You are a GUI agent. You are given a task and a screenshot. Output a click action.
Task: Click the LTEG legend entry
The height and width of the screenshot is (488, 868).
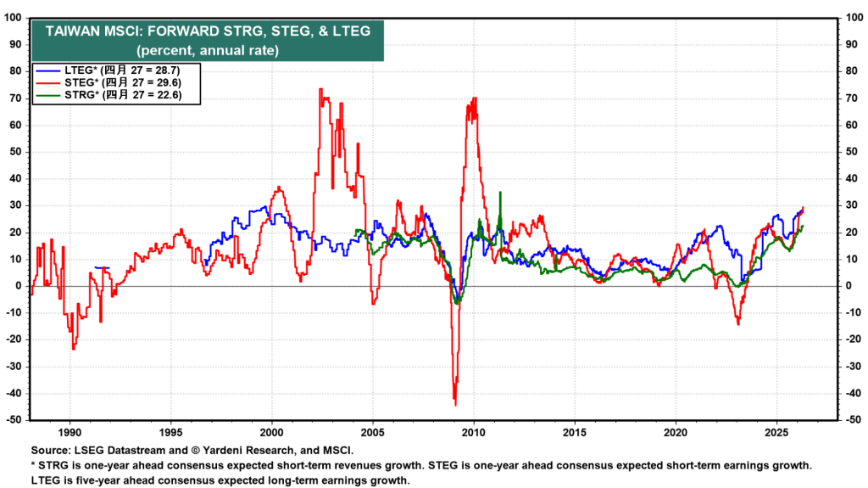click(x=114, y=70)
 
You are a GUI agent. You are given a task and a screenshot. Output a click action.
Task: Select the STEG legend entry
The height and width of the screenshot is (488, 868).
click(x=115, y=83)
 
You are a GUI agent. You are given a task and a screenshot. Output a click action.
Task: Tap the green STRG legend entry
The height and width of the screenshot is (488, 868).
click(x=115, y=97)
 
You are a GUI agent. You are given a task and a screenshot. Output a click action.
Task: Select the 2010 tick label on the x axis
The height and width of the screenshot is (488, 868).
click(x=473, y=429)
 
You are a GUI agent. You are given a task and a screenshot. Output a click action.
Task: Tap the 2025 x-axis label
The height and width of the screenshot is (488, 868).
click(x=776, y=429)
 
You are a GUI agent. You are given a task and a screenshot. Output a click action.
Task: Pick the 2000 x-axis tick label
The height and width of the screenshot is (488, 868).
click(x=271, y=429)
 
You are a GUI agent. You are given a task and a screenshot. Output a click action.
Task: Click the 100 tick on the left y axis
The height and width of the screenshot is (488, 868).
click(x=14, y=18)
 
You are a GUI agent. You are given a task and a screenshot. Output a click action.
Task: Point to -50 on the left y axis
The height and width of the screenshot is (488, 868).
click(x=14, y=420)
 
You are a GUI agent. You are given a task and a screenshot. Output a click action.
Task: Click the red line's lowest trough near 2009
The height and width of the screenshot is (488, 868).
click(x=455, y=404)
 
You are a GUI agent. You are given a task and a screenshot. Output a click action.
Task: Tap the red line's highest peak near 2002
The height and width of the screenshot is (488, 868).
click(x=320, y=88)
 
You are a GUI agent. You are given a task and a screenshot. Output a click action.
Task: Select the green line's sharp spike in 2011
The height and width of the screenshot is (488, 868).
click(x=500, y=193)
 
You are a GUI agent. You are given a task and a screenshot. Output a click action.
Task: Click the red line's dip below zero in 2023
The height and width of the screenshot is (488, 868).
click(x=738, y=324)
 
